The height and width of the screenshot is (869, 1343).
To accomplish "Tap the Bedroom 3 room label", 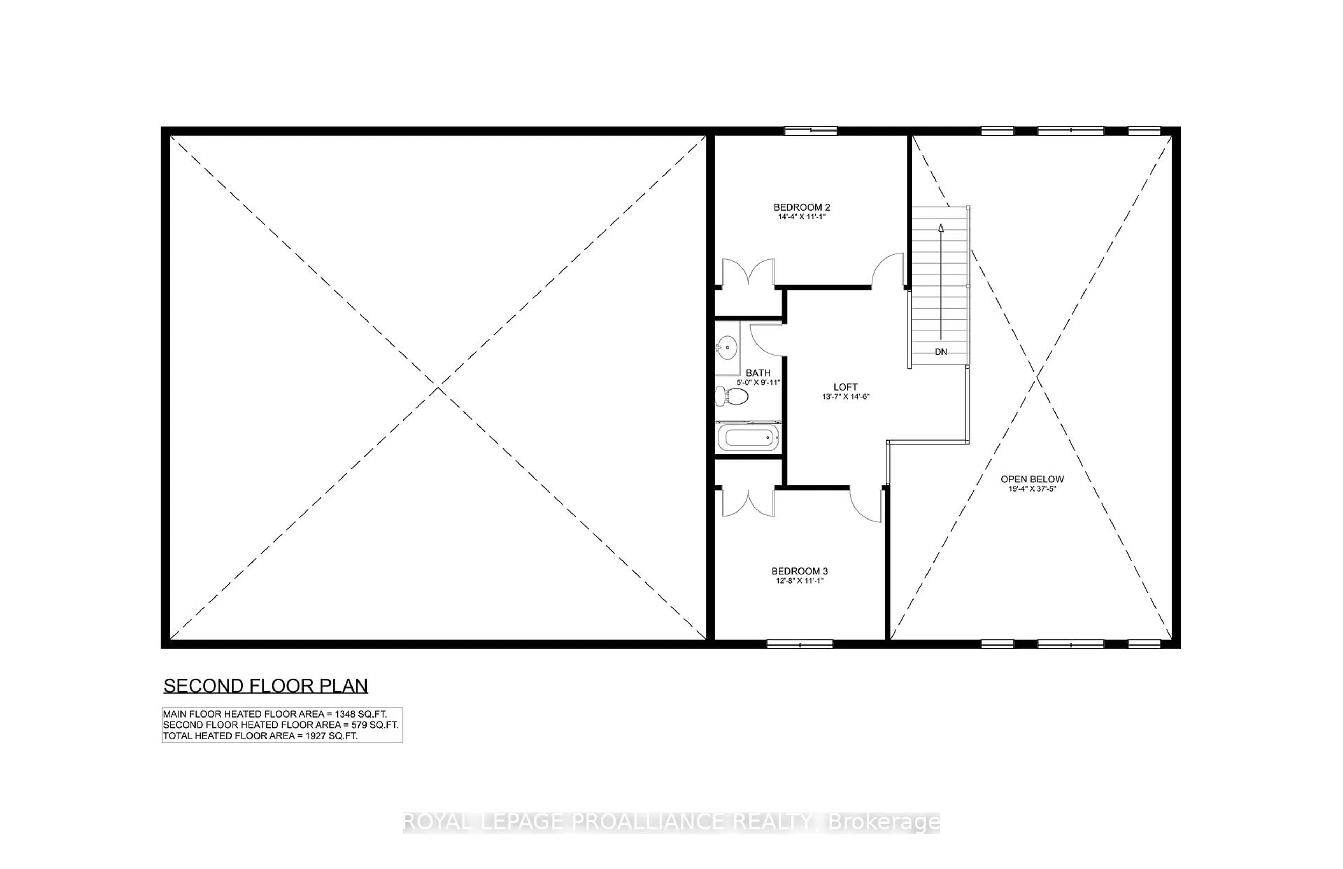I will tap(799, 571).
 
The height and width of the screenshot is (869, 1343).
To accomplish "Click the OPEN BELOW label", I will tap(1032, 479).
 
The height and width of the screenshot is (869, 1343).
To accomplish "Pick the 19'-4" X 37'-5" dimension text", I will tap(1032, 489).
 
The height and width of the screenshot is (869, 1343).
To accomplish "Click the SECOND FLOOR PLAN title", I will tap(266, 686).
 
